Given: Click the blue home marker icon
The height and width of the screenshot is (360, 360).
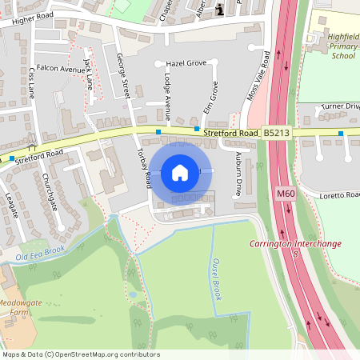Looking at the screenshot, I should point(180,172).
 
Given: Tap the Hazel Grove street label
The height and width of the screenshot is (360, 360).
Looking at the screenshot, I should point(186,63).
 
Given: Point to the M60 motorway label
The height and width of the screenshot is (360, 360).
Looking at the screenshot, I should point(286,194).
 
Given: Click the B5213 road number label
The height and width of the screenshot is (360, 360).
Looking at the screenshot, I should point(276,133).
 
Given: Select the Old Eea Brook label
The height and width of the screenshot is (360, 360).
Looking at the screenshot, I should point(40,256).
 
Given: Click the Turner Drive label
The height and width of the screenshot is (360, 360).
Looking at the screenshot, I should point(341,106).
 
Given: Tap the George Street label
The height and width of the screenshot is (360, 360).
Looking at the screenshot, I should point(123,76).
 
